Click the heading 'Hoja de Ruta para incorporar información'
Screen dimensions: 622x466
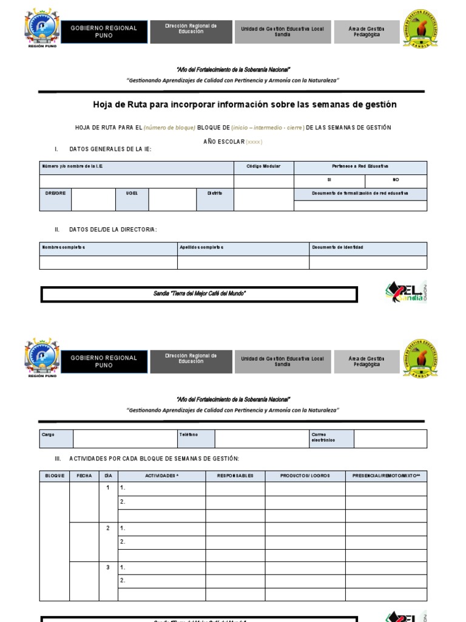pos(245,104)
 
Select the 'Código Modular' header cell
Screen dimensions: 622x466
pos(263,166)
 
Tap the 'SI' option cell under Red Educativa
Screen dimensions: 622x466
pos(329,180)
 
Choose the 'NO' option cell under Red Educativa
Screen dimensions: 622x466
pos(396,180)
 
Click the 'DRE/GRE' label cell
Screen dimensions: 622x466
pos(55,193)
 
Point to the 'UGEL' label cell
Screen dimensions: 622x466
pos(132,193)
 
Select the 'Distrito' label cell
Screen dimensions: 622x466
pos(215,193)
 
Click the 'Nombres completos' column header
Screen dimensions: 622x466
pos(108,248)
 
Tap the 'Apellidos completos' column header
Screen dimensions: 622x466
pos(243,248)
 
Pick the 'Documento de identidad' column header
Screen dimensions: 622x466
pos(368,248)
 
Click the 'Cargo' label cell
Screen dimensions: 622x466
pos(56,435)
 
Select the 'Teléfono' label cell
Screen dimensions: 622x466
pos(196,435)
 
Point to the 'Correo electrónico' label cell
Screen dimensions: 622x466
pos(331,438)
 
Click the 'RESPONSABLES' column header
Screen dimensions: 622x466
pos(235,476)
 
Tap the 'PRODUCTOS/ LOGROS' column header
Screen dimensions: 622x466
pos(305,476)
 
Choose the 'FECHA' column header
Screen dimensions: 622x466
pos(84,476)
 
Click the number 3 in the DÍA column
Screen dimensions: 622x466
pos(108,567)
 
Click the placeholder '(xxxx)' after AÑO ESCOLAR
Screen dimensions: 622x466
pos(254,142)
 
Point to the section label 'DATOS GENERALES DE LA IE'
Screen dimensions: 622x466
pos(110,149)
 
